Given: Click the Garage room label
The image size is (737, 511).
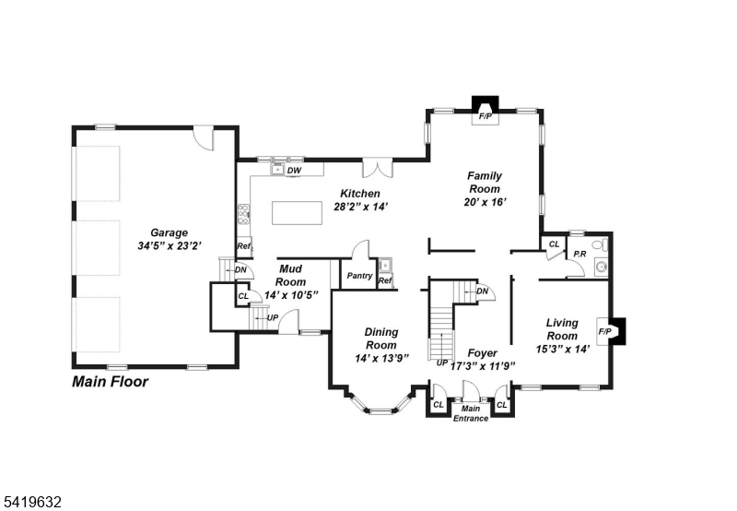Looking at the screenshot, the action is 170,232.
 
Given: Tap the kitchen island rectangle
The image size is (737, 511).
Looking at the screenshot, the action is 297,213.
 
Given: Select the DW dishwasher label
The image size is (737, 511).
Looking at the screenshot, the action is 294,171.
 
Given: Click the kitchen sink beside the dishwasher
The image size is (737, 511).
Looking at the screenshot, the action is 277,169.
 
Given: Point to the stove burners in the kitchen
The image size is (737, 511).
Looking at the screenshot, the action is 243,214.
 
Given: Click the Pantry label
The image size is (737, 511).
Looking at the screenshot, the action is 359,276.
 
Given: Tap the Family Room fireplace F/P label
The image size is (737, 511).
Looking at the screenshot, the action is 485,116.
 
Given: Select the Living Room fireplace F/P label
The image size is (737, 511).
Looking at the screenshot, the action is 605,331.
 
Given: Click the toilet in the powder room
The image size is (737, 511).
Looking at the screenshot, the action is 601,245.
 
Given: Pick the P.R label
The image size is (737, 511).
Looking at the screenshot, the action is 579,254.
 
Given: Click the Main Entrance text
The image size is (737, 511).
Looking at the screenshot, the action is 471,413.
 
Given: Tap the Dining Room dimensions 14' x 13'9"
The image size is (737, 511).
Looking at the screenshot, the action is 381,359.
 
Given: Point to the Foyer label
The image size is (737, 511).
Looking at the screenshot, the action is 482,353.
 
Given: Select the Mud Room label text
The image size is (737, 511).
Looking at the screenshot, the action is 290,275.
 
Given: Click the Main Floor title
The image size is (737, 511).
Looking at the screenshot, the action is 110,382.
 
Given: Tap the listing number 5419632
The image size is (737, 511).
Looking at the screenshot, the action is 31,502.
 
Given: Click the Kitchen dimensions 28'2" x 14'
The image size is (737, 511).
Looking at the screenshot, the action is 360,207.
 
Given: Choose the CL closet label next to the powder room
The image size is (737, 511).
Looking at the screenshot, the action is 555,244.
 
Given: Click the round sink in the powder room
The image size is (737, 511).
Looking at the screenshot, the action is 602,267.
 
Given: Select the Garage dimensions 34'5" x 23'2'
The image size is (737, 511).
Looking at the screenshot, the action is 170,245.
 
